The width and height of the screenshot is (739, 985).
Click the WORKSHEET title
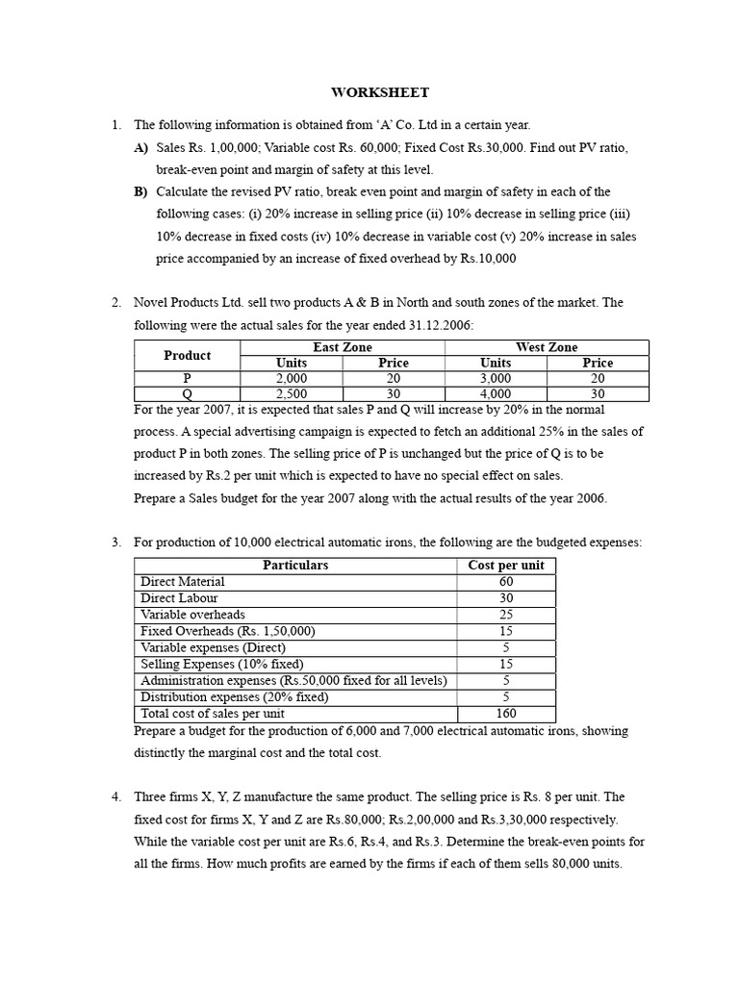click(x=380, y=93)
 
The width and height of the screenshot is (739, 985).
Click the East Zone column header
click(x=342, y=347)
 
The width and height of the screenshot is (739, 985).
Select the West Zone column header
click(x=547, y=347)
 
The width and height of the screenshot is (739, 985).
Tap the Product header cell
click(x=187, y=355)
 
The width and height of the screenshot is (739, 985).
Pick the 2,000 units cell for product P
click(x=291, y=378)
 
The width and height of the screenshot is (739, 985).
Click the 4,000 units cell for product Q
click(x=496, y=393)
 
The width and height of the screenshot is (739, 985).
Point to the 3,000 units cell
click(x=496, y=378)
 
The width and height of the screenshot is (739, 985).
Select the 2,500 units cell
click(x=291, y=393)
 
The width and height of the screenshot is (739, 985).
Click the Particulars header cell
click(x=295, y=566)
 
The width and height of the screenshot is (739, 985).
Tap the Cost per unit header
click(x=506, y=566)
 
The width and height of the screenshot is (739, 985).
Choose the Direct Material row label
click(x=183, y=582)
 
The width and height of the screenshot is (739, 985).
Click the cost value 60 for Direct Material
click(x=506, y=582)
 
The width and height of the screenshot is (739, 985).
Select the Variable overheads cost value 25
click(x=506, y=615)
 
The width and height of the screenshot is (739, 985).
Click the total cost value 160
click(x=506, y=714)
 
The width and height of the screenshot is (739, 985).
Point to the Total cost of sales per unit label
click(x=213, y=714)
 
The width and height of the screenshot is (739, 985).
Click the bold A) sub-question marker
click(x=141, y=147)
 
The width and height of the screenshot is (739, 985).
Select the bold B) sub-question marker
click(x=141, y=191)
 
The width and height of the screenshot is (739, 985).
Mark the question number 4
click(x=115, y=797)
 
